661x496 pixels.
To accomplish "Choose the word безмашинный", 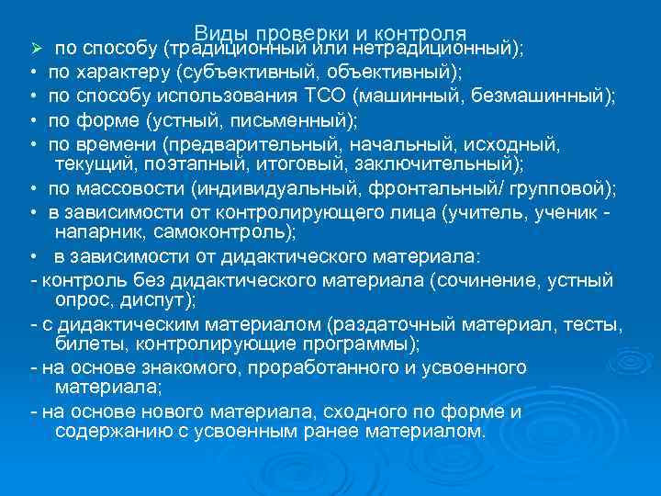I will point(542,96).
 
